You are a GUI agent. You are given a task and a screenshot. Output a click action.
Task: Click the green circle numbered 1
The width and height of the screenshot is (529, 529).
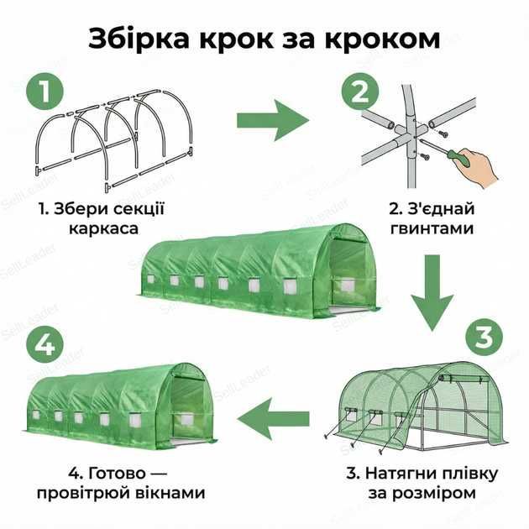click(47, 92)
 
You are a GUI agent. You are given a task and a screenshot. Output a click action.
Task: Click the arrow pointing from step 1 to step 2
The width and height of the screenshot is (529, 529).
click(272, 120)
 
